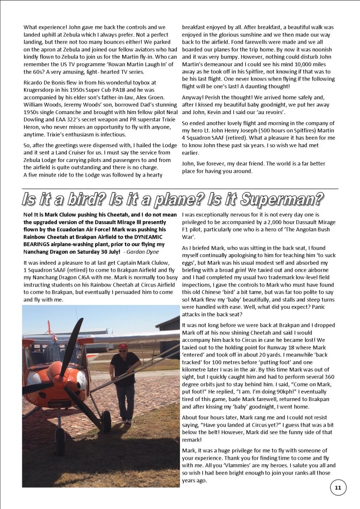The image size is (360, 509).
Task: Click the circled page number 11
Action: click(x=338, y=488)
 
